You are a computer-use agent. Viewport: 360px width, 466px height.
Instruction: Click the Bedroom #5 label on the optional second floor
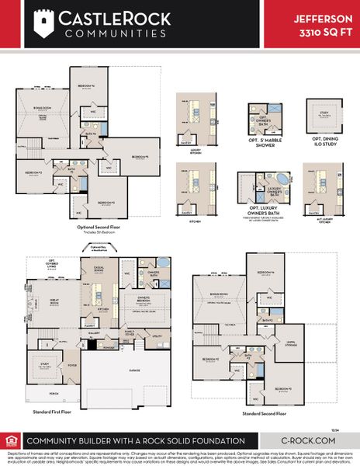click(140, 157)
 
